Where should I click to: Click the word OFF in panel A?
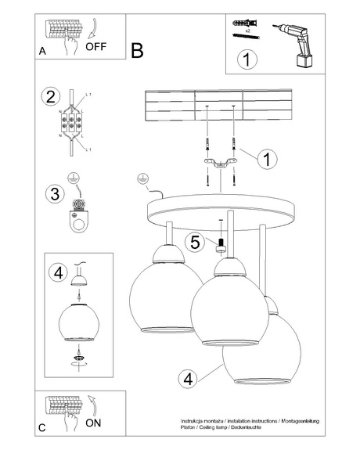tap(95, 46)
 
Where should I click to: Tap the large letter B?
tap(138, 51)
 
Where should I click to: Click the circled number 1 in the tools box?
tap(247, 59)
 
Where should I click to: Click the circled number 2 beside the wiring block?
tap(51, 97)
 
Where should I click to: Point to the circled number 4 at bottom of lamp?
tap(186, 380)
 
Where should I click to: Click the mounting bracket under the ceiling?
tap(220, 163)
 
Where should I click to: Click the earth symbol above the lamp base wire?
tap(142, 179)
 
